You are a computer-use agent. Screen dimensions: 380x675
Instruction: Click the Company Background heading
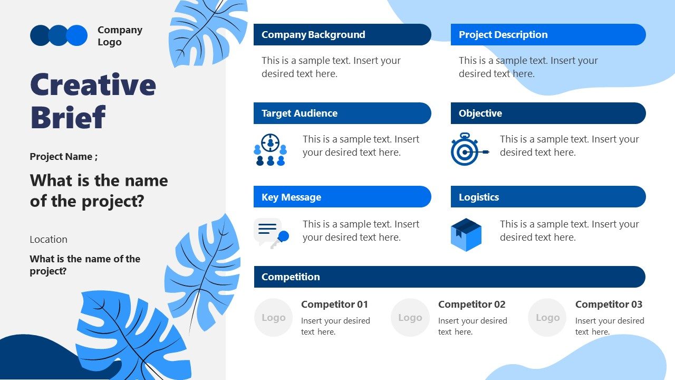(x=313, y=35)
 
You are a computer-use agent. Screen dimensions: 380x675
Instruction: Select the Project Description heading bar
(x=547, y=35)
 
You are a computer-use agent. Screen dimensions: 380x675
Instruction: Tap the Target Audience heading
(x=300, y=113)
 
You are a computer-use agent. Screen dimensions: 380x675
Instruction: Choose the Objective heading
(x=480, y=113)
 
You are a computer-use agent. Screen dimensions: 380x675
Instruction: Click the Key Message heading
(x=291, y=197)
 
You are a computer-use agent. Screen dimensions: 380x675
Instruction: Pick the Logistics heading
(x=479, y=197)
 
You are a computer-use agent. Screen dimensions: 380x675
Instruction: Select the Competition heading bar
(x=449, y=277)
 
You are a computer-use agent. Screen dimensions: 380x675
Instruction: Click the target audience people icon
(x=271, y=150)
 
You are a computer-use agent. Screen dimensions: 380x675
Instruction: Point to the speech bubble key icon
(x=271, y=233)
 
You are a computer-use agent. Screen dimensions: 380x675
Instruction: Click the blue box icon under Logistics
(x=466, y=234)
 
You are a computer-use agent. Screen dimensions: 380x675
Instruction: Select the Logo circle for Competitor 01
(x=273, y=318)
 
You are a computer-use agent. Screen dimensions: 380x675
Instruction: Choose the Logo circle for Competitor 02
(x=410, y=318)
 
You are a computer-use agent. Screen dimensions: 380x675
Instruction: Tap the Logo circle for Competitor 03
(x=547, y=318)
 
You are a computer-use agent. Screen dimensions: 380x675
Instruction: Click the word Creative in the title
(x=93, y=85)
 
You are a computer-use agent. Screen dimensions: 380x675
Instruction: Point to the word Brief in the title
(x=68, y=117)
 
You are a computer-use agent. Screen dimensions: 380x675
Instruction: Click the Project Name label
(x=63, y=157)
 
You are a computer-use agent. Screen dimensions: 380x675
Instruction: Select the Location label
(x=49, y=240)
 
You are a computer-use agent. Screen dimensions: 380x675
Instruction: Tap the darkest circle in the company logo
(x=40, y=35)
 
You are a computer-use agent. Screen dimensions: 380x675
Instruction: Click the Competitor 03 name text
(x=609, y=305)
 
